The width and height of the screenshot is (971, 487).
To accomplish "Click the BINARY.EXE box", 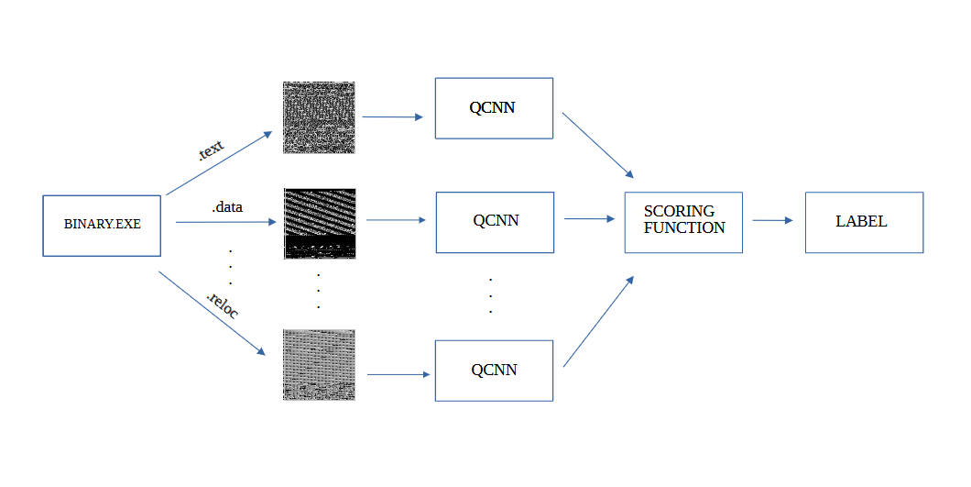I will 103,225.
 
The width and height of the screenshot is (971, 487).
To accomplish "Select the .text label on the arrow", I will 211,149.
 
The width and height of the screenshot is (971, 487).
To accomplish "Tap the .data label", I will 227,207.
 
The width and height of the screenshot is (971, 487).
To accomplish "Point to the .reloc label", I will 223,306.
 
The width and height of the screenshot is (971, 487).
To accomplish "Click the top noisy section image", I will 319,117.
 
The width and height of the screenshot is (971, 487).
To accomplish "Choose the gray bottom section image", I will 319,364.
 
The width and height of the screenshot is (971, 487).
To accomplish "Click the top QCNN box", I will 494,108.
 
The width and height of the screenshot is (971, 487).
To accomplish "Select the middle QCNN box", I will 495,222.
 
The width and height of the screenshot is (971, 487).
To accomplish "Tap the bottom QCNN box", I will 494,371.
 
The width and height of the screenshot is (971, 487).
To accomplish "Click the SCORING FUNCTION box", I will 683,222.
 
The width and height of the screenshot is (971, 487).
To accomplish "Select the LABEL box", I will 864,222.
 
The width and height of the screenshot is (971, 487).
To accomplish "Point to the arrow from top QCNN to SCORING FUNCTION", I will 597,146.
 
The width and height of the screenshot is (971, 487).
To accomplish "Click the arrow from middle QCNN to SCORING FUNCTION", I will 589,219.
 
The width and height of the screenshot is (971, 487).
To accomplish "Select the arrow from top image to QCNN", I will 393,117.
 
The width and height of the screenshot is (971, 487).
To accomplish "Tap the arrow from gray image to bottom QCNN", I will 398,374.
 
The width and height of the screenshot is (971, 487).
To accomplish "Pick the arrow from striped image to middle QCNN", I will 396,220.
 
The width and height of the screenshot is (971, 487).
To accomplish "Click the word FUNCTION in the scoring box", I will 684,228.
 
